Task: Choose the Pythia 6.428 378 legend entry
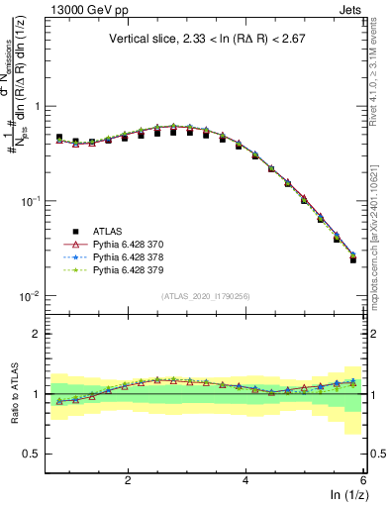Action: coord(134,255)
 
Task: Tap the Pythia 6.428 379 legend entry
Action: coord(134,269)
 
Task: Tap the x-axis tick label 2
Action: coord(128,479)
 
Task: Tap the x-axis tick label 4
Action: coord(245,479)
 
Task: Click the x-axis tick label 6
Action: coord(363,479)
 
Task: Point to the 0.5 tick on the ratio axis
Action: coord(32,454)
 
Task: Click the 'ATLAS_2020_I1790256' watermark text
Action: coord(206,295)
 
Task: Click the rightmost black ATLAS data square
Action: coord(353,259)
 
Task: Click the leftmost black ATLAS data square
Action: coord(59,138)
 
